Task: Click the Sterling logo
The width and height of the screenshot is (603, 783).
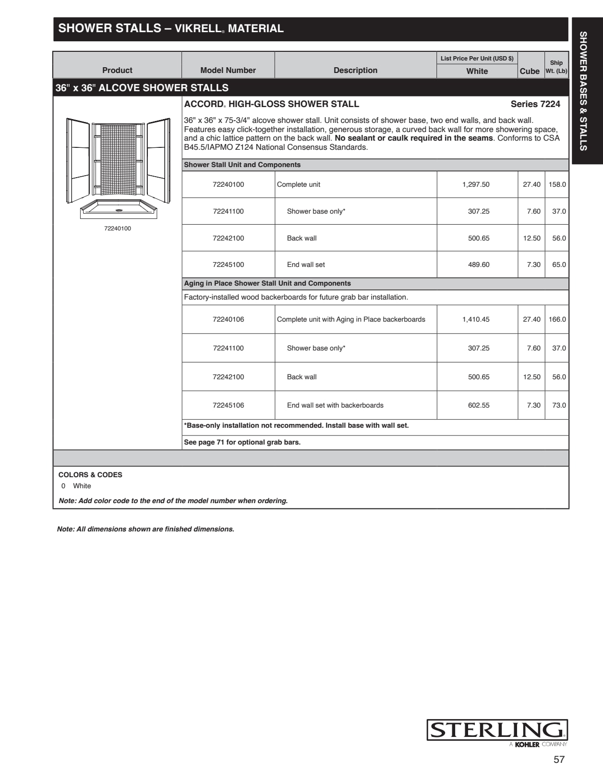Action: point(497,730)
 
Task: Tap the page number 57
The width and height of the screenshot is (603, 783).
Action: point(559,759)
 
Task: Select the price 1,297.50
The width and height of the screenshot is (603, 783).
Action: point(476,184)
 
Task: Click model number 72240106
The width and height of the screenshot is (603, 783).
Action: point(228,319)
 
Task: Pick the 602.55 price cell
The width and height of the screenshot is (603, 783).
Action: point(479,405)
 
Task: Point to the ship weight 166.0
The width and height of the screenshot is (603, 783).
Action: point(557,319)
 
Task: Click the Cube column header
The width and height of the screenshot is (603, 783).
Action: point(530,71)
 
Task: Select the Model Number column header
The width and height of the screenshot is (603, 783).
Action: point(228,70)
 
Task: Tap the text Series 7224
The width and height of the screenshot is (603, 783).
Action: point(535,104)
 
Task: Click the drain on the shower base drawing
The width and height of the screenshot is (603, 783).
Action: point(118,210)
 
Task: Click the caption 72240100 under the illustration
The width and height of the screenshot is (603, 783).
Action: point(118,229)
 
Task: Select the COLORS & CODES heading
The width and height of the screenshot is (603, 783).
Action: point(90,475)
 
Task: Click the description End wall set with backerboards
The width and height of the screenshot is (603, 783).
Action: point(335,405)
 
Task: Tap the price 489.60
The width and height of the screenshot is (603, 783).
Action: point(479,265)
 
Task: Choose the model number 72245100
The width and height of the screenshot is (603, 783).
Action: point(228,265)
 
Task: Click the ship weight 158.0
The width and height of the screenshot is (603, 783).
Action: point(557,184)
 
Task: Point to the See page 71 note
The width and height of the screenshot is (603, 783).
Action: point(242,442)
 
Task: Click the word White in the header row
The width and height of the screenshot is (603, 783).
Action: point(477,71)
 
